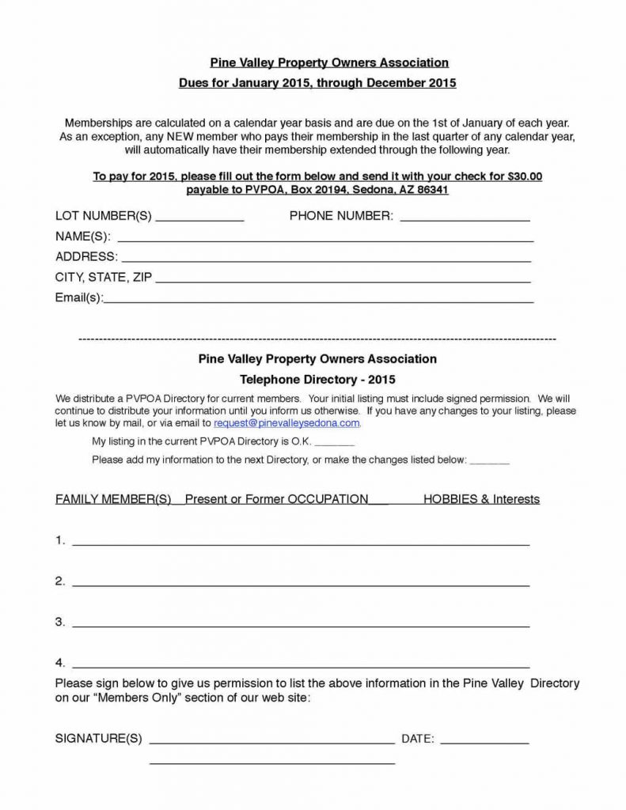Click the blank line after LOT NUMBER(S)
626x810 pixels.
pos(201,219)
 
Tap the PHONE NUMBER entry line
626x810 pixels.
pos(465,219)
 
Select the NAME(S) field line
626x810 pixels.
pos(324,239)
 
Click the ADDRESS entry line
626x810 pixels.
pos(326,259)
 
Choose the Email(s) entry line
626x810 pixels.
pos(319,301)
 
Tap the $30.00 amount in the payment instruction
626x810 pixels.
pos(522,176)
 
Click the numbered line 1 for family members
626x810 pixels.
pos(301,544)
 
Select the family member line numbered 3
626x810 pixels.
pos(301,626)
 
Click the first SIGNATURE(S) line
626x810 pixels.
pos(271,744)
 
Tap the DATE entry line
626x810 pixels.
pos(484,744)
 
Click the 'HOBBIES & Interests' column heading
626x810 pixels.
pos(481,499)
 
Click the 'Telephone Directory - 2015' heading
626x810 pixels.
pos(317,379)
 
